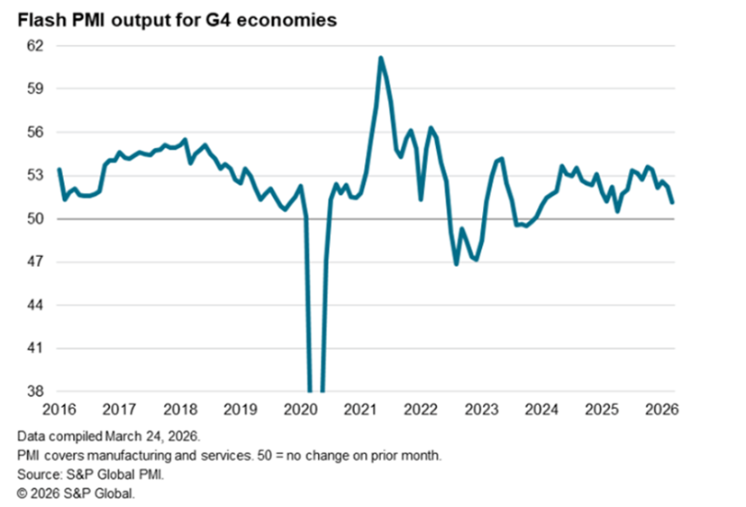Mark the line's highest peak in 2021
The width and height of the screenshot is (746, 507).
(380, 58)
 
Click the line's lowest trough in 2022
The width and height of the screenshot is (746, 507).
(457, 263)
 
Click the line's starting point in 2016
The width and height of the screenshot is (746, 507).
(59, 170)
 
